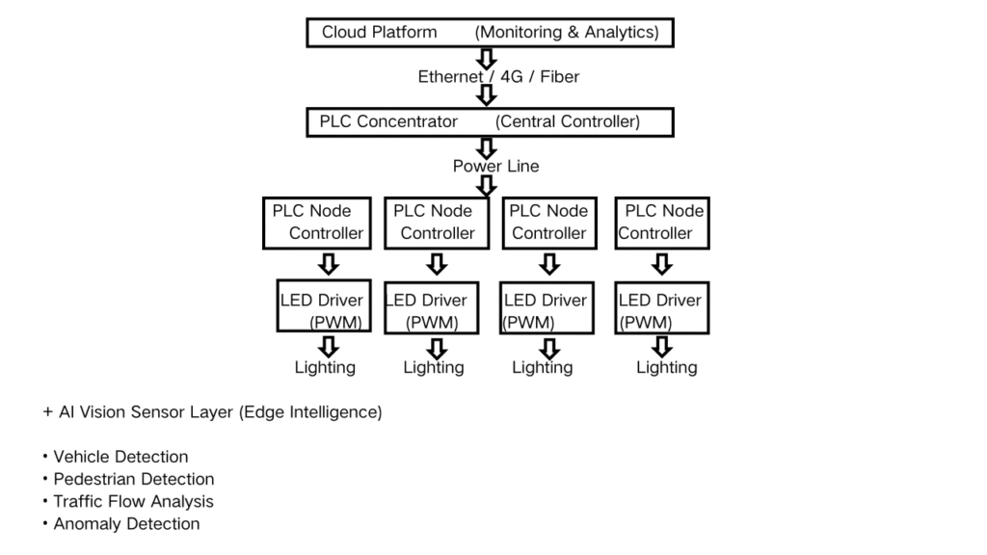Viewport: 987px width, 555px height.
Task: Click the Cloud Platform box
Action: tap(490, 33)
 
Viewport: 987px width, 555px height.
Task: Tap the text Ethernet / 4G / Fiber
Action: tap(498, 77)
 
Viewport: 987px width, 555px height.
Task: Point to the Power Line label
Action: tap(495, 166)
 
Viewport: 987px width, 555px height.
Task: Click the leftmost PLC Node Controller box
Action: tap(317, 223)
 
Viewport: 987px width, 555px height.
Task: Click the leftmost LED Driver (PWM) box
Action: tap(323, 308)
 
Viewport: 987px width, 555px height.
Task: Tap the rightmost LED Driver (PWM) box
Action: tap(661, 308)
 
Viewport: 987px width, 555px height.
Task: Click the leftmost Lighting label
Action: tap(325, 367)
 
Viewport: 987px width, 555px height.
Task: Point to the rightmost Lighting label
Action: tap(666, 367)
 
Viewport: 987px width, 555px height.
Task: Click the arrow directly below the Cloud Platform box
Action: tap(487, 57)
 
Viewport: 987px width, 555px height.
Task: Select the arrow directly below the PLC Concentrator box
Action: tap(487, 146)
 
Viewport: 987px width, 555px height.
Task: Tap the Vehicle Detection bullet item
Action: tap(120, 457)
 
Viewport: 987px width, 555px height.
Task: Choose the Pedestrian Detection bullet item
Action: tap(133, 479)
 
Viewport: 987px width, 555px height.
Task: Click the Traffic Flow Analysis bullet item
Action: tap(133, 501)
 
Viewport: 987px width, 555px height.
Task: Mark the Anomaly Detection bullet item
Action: tap(126, 524)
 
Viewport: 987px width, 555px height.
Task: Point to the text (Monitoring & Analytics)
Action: tap(567, 33)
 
